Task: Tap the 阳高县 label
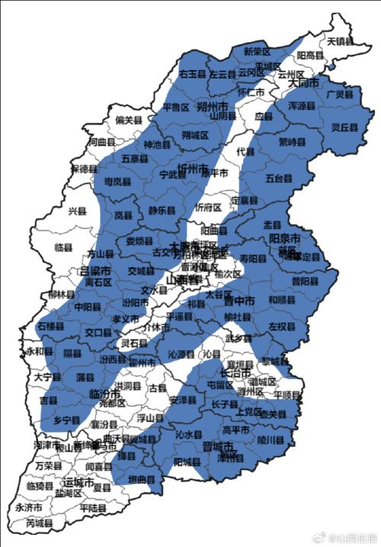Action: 310,56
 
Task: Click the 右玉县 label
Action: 193,74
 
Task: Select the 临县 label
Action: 63,248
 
